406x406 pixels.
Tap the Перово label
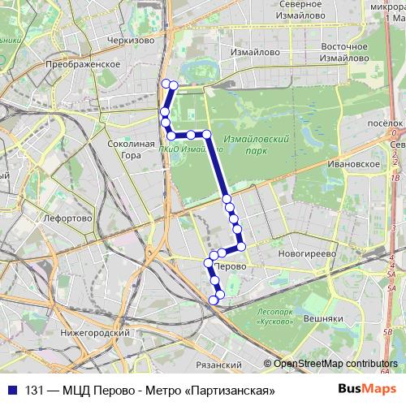tap(232, 266)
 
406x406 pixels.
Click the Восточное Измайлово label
tap(346, 52)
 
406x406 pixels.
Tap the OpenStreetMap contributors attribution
tap(335, 363)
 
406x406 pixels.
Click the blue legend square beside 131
tap(14, 390)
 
